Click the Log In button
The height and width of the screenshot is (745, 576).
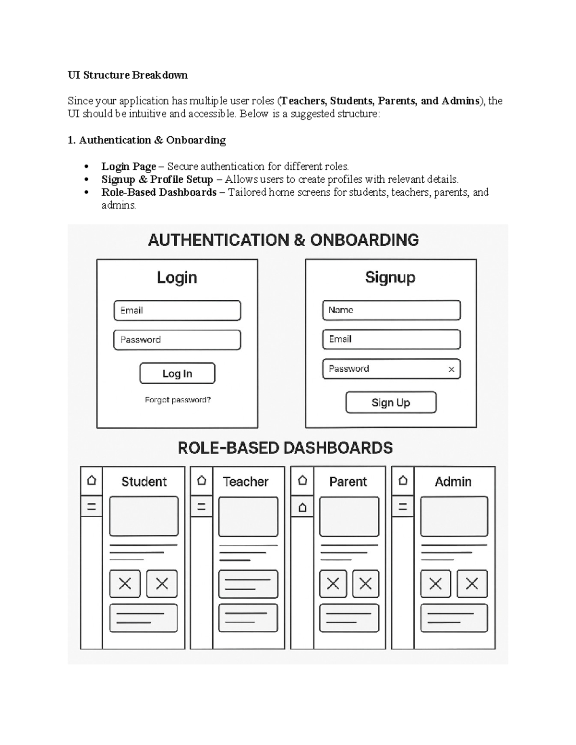(x=177, y=374)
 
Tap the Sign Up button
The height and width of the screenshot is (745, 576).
(x=391, y=402)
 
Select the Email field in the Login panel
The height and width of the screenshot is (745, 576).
(x=177, y=310)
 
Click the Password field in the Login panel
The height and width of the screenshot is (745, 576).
(x=177, y=340)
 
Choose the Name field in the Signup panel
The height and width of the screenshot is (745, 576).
(x=391, y=310)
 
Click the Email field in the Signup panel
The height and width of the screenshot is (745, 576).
(x=391, y=339)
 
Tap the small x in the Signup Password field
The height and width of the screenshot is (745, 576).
(x=451, y=369)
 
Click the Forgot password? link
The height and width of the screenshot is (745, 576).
(x=178, y=400)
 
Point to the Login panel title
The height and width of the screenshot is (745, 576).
(x=177, y=277)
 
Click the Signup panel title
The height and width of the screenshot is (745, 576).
(x=390, y=277)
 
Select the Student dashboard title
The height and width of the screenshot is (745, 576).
(x=144, y=482)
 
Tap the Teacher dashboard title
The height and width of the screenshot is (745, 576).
(x=246, y=482)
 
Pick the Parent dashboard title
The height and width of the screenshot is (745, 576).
(x=348, y=482)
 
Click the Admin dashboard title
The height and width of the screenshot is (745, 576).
(x=453, y=482)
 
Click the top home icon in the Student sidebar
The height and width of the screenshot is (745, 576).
(x=91, y=480)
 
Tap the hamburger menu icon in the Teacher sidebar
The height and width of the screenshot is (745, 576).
(x=202, y=507)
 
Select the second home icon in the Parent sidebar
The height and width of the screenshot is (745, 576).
(x=302, y=507)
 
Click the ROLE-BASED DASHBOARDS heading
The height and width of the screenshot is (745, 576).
(x=285, y=448)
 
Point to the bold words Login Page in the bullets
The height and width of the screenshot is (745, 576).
(x=129, y=166)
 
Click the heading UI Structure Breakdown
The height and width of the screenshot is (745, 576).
(x=128, y=75)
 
